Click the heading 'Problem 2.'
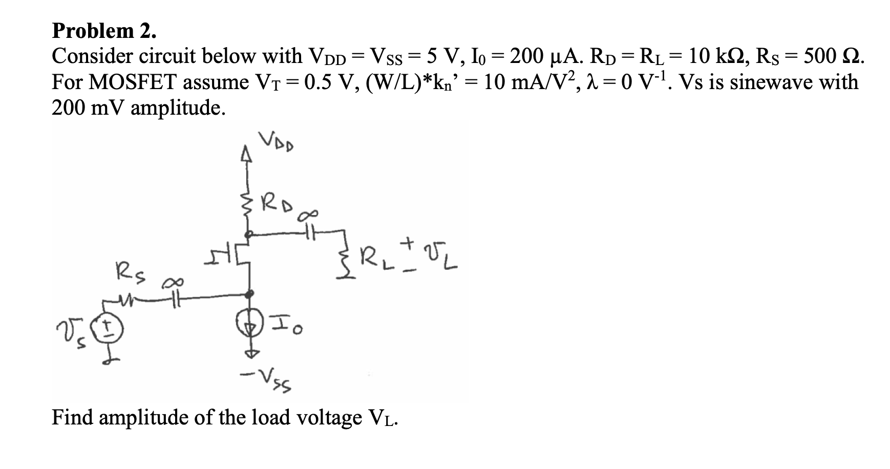click(x=104, y=31)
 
